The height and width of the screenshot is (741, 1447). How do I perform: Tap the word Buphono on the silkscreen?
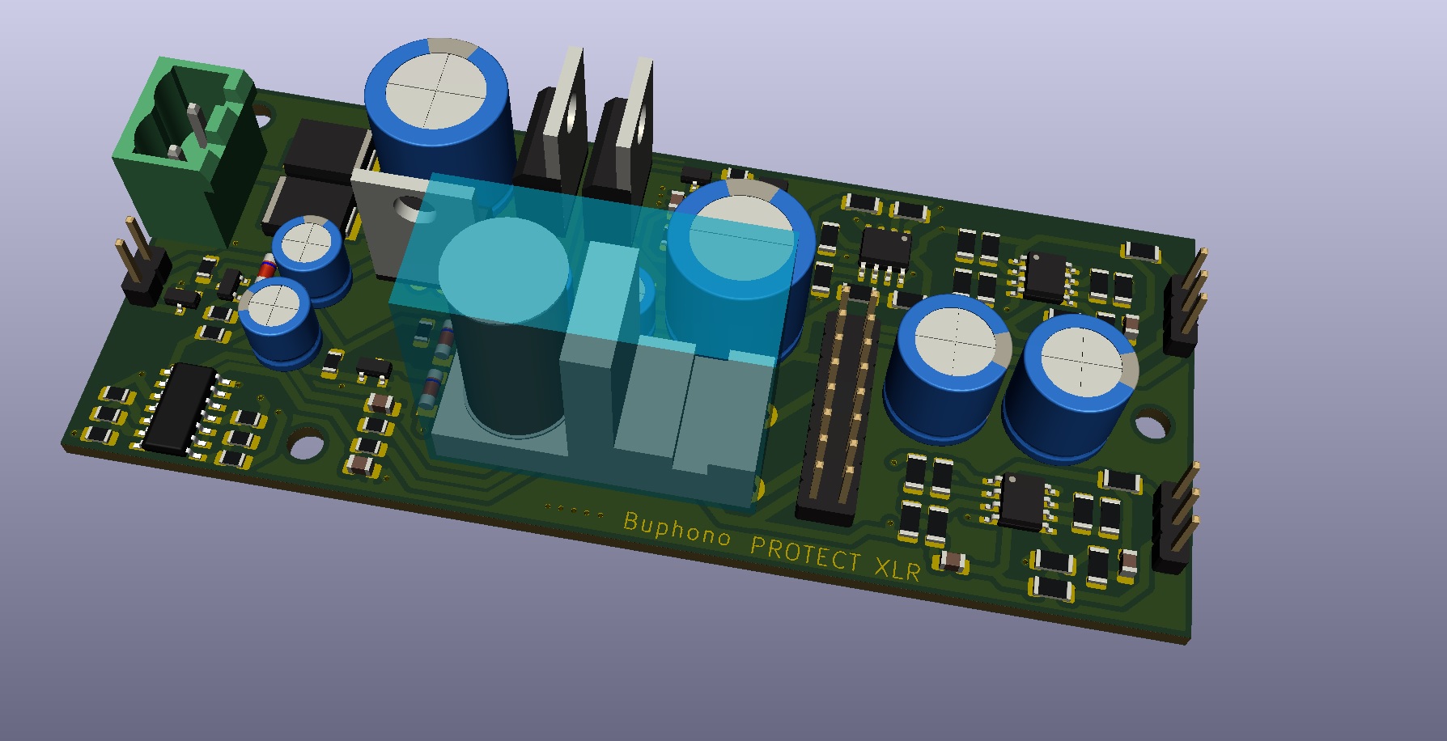(677, 528)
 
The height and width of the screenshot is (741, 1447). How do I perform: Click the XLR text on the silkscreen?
(897, 569)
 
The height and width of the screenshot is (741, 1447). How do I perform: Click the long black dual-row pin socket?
(838, 404)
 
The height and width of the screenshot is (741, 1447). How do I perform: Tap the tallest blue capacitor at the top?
(439, 113)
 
